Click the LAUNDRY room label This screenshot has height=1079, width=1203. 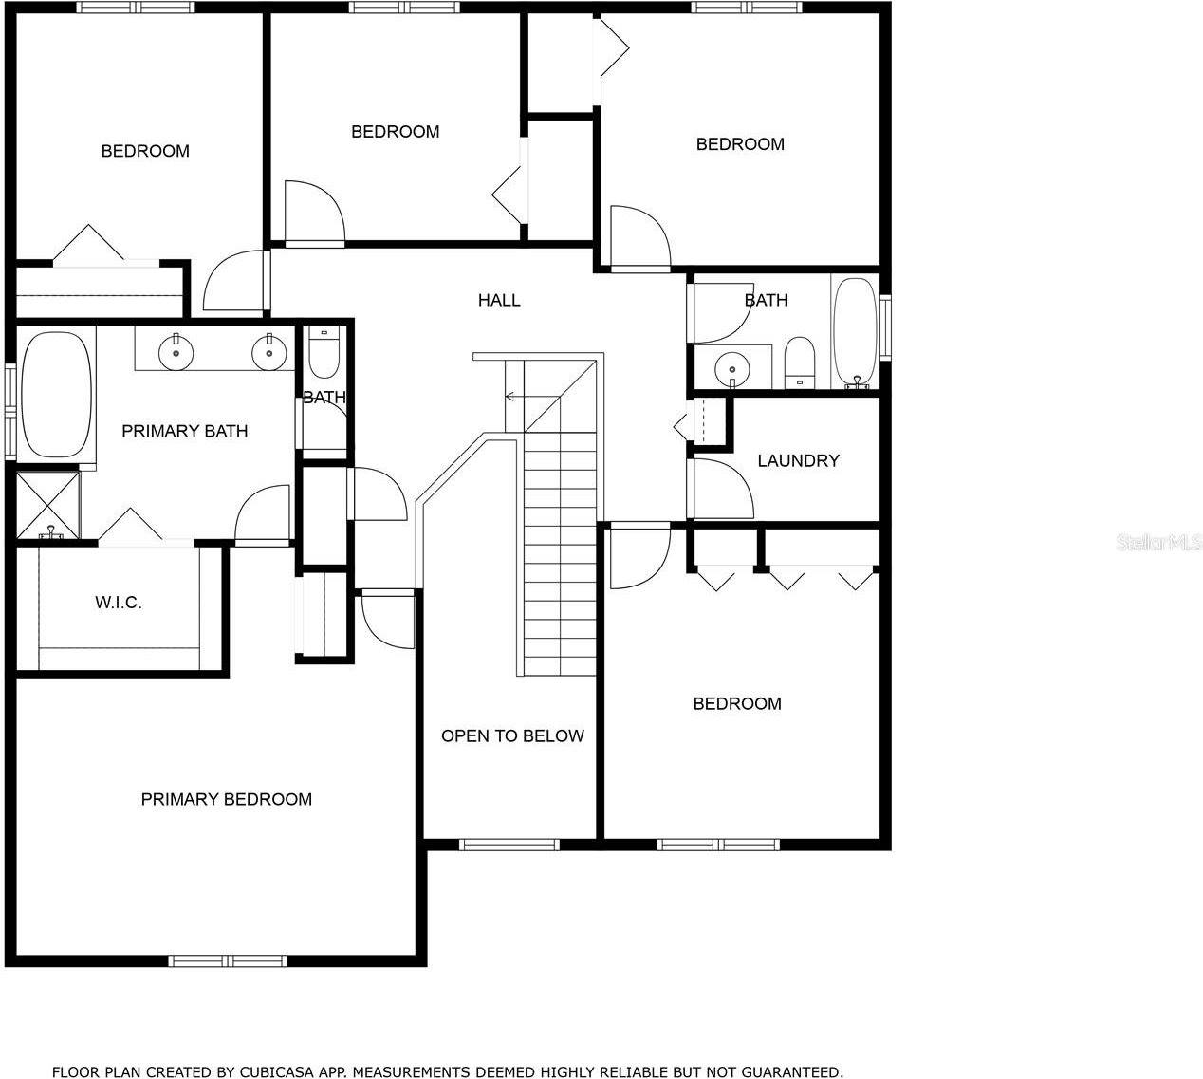pyautogui.click(x=798, y=461)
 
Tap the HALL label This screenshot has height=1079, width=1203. pyautogui.click(x=499, y=301)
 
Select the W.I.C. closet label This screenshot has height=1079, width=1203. pyautogui.click(x=119, y=603)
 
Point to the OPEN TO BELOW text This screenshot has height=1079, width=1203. pyautogui.click(x=512, y=736)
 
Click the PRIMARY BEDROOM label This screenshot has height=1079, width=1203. pyautogui.click(x=226, y=800)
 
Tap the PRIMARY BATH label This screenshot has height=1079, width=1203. pyautogui.click(x=185, y=432)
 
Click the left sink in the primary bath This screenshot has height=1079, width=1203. pyautogui.click(x=176, y=352)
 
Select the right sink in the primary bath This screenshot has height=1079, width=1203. pyautogui.click(x=269, y=352)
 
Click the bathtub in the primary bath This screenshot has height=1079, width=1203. pyautogui.click(x=57, y=393)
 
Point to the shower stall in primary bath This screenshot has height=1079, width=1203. pyautogui.click(x=48, y=505)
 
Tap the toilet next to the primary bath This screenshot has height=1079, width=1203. pyautogui.click(x=324, y=353)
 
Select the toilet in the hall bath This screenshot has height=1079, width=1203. pyautogui.click(x=800, y=363)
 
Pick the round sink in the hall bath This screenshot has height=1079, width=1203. pyautogui.click(x=732, y=366)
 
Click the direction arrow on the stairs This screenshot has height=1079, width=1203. pyautogui.click(x=513, y=397)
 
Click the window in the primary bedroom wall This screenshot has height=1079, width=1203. pyautogui.click(x=228, y=960)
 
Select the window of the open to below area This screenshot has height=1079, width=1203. pyautogui.click(x=509, y=845)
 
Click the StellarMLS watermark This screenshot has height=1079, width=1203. pyautogui.click(x=1159, y=543)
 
